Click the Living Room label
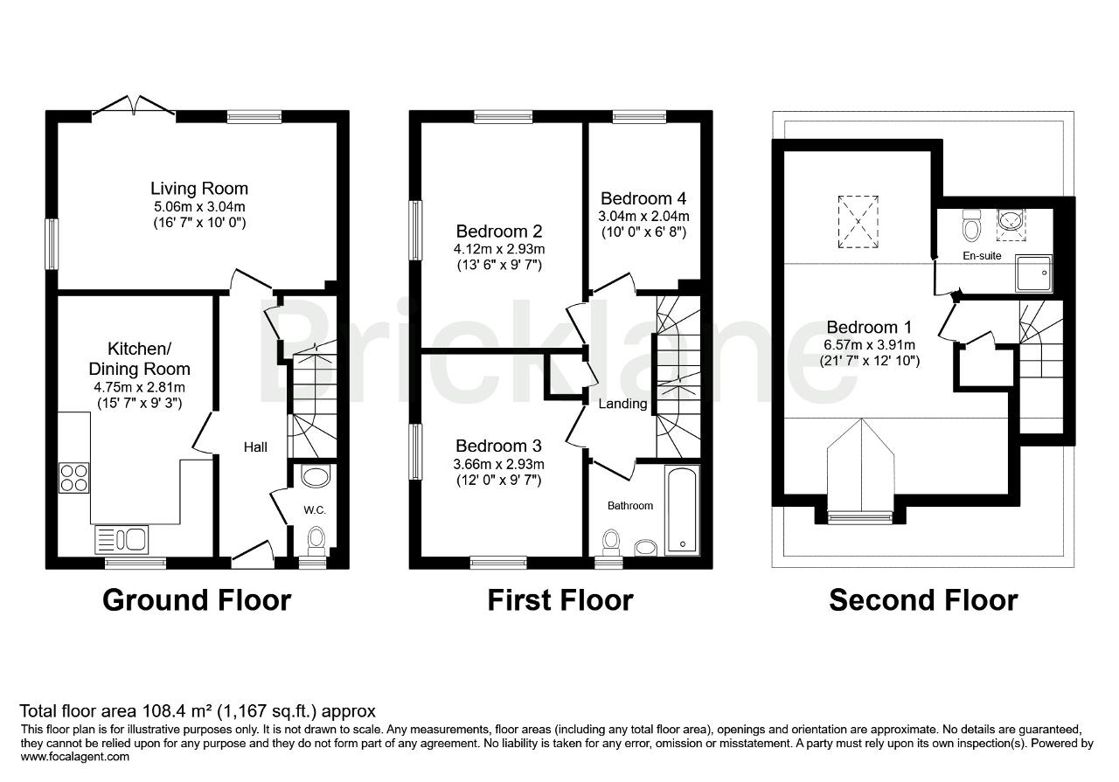pyautogui.click(x=199, y=189)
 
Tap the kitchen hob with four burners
pyautogui.click(x=73, y=478)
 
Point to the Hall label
pyautogui.click(x=255, y=447)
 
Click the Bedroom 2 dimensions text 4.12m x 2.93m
pyautogui.click(x=499, y=249)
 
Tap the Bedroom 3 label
pyautogui.click(x=498, y=446)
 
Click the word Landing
pyautogui.click(x=622, y=404)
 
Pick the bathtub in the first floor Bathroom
pyautogui.click(x=682, y=510)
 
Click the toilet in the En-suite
pyautogui.click(x=970, y=225)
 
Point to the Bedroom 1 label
pyautogui.click(x=869, y=328)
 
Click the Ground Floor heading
pyautogui.click(x=197, y=600)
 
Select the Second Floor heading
pyautogui.click(x=923, y=600)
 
